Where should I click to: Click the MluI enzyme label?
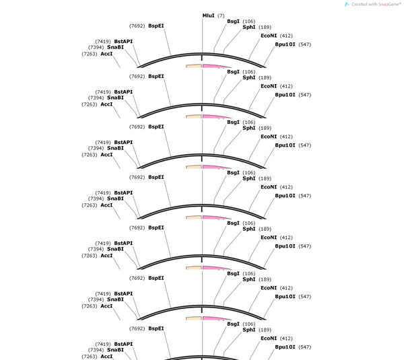pyautogui.click(x=208, y=15)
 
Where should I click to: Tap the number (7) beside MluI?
pyautogui.click(x=221, y=15)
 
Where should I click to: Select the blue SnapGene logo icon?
pyautogui.click(x=347, y=4)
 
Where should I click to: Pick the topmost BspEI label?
pyautogui.click(x=156, y=26)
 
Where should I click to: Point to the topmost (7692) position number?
pyautogui.click(x=137, y=26)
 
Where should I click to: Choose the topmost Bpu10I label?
pyautogui.click(x=285, y=44)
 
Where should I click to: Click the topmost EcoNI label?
pyautogui.click(x=269, y=36)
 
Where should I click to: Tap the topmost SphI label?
pyautogui.click(x=249, y=27)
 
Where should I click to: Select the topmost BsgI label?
pyautogui.click(x=233, y=21)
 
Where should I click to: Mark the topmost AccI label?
pyautogui.click(x=106, y=54)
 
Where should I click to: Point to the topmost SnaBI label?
pyautogui.click(x=115, y=47)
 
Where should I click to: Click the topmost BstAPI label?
pyautogui.click(x=123, y=42)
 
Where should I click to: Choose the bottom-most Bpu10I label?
pyautogui.click(x=285, y=347)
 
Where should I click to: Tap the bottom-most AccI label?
pyautogui.click(x=106, y=357)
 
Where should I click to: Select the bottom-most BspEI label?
pyautogui.click(x=156, y=328)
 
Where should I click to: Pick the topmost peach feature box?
pyautogui.click(x=194, y=66)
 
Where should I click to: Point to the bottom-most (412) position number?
pyautogui.click(x=286, y=338)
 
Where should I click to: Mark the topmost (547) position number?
pyautogui.click(x=305, y=44)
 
